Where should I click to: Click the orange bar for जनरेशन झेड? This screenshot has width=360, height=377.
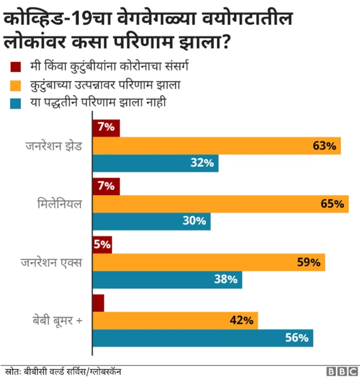217,146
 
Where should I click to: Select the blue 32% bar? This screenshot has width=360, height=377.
155,163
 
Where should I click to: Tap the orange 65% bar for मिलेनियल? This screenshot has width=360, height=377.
220,204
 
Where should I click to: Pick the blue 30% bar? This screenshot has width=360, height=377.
151,221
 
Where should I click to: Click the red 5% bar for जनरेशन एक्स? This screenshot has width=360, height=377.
102,245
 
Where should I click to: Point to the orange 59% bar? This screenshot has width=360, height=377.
209,262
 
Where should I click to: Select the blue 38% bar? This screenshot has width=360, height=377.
167,280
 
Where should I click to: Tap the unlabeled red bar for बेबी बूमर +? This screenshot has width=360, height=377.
98,303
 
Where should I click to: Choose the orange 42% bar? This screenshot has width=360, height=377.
175,320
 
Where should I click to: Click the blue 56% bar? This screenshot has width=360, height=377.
202,338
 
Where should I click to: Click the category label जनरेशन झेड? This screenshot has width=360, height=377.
54,146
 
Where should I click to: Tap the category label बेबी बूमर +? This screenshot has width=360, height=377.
57,321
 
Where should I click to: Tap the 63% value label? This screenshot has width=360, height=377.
325,146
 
